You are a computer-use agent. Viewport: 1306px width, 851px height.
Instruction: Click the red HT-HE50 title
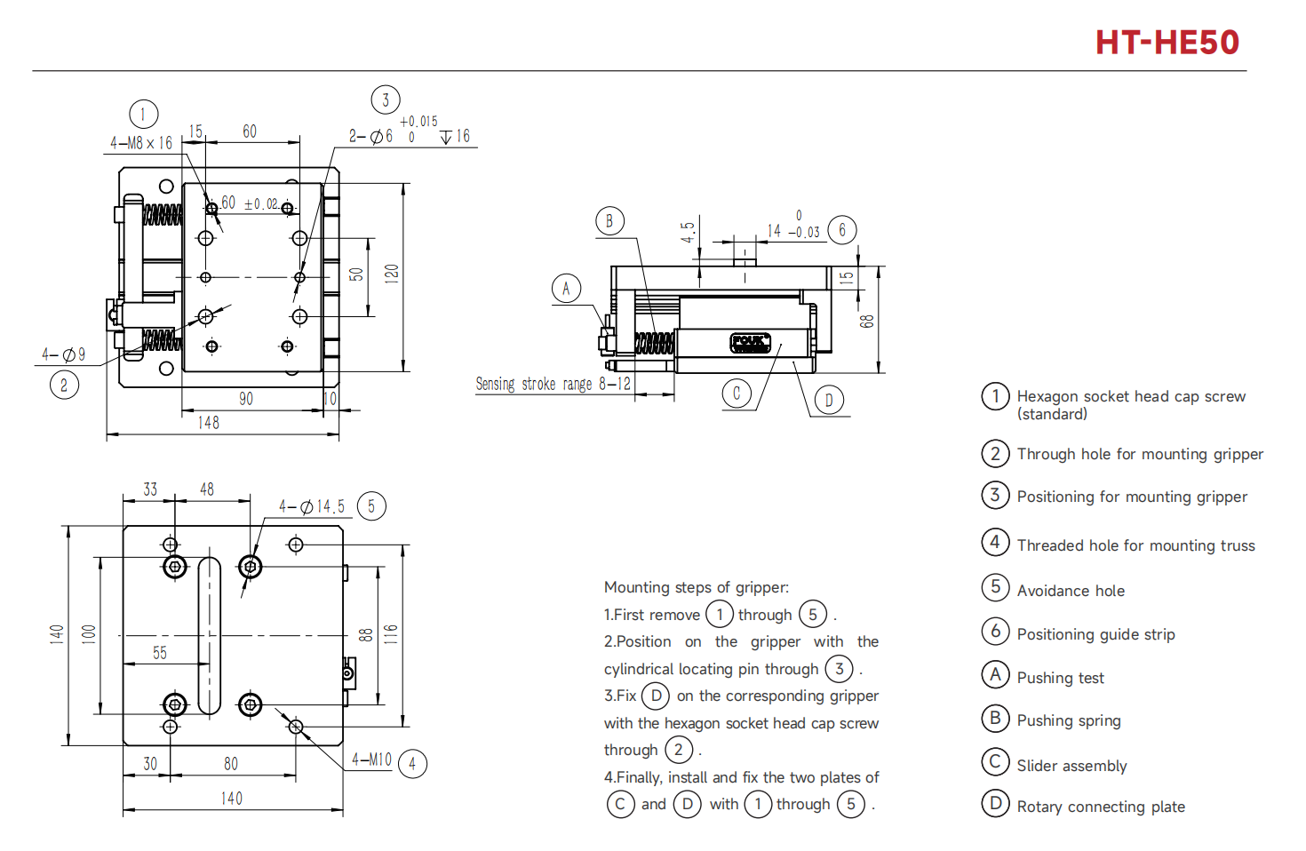(x=1167, y=43)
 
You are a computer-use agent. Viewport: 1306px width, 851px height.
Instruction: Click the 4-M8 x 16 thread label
(x=141, y=143)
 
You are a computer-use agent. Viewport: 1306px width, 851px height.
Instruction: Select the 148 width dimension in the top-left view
(x=209, y=423)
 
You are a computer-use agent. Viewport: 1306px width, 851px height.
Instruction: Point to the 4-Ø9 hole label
(x=63, y=354)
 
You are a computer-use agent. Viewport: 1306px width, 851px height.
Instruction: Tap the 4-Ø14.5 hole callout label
(x=312, y=506)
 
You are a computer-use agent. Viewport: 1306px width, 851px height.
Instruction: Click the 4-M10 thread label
(x=371, y=760)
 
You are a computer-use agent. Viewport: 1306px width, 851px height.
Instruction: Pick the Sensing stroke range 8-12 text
(x=553, y=384)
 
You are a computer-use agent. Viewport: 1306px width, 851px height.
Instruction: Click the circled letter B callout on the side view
(x=609, y=221)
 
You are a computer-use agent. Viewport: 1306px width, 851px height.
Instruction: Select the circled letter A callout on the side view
(x=566, y=288)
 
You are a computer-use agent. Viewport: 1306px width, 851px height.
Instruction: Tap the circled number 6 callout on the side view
(x=842, y=230)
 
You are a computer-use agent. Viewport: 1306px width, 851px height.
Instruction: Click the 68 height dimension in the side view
(x=867, y=321)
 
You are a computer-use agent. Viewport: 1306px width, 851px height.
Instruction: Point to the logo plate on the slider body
(x=750, y=342)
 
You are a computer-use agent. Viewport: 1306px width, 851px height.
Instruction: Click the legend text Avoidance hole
(x=1071, y=591)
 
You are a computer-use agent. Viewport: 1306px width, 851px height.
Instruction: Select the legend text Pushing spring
(x=1069, y=720)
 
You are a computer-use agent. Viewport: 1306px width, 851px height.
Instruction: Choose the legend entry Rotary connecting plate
(x=1101, y=807)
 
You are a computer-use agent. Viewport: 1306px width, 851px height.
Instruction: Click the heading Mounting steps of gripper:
(x=697, y=587)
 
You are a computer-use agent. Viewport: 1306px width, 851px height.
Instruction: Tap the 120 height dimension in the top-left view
(x=392, y=273)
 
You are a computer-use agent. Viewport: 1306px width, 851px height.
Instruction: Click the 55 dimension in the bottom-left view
(x=160, y=653)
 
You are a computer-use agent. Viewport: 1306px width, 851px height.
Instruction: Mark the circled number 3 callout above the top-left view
(x=386, y=99)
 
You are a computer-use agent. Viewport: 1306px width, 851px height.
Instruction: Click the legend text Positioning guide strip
(x=1095, y=634)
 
